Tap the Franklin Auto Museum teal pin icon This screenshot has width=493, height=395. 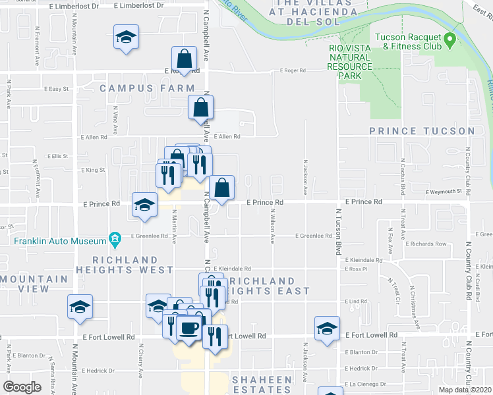[x=115, y=238]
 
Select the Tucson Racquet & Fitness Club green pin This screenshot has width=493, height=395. [x=449, y=40]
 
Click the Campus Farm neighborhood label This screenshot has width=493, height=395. [x=147, y=88]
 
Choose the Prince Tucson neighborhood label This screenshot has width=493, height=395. [x=422, y=132]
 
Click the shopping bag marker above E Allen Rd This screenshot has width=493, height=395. [x=200, y=107]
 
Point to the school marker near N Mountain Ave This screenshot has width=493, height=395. [x=80, y=307]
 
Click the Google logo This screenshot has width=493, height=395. [x=22, y=387]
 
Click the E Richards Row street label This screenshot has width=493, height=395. [x=427, y=244]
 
